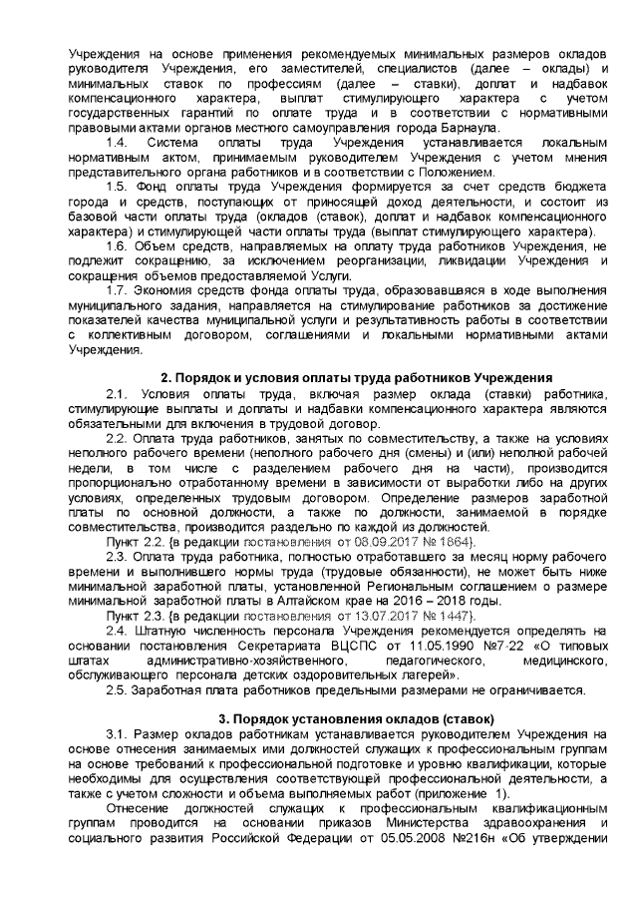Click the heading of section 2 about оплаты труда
tap(357, 378)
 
